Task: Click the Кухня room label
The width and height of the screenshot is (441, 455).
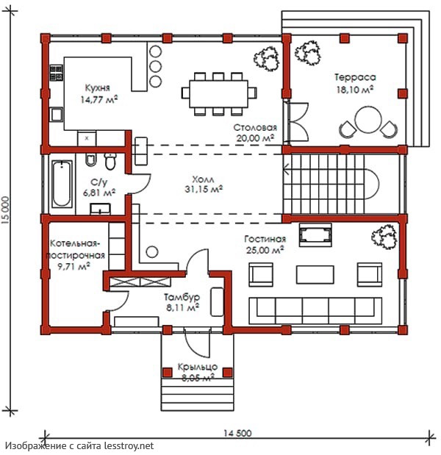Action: click(98, 87)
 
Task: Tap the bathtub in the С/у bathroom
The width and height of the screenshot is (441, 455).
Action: click(62, 184)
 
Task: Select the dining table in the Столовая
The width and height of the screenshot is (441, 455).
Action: click(219, 93)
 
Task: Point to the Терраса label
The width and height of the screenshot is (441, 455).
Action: click(355, 77)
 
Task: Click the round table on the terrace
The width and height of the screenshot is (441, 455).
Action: click(368, 120)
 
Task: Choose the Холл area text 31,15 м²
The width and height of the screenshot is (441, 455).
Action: click(204, 189)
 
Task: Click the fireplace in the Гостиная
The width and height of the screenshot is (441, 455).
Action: click(315, 234)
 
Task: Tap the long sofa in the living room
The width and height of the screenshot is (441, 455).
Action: click(315, 310)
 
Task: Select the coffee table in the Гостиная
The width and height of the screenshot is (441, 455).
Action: click(315, 274)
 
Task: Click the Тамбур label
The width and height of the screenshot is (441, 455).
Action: click(182, 297)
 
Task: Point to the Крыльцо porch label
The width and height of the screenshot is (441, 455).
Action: click(197, 367)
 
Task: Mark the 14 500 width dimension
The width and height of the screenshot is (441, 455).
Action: click(237, 433)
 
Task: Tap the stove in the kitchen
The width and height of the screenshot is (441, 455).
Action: click(57, 73)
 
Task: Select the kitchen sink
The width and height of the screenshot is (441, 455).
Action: click(57, 115)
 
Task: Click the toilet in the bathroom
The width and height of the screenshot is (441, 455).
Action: click(110, 161)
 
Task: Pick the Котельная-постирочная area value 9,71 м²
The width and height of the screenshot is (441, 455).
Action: click(73, 266)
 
